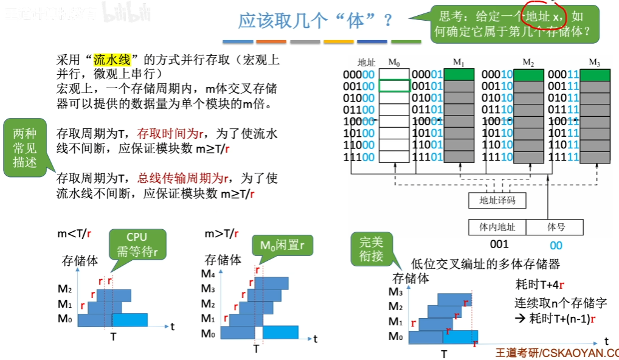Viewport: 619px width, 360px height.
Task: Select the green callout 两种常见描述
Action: point(25,148)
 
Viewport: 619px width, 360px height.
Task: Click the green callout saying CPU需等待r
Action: point(137,244)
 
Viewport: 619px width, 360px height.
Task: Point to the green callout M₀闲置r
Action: point(281,246)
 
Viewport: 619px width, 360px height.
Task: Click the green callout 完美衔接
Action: point(371,249)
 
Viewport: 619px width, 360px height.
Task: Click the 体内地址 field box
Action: point(497,227)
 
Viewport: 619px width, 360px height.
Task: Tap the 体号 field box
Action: point(556,227)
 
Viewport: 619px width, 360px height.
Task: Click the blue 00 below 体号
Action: point(556,246)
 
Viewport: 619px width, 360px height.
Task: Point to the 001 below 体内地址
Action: point(499,245)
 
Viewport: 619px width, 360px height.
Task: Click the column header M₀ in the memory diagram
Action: point(394,62)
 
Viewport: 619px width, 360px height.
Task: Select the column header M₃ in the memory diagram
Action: point(594,62)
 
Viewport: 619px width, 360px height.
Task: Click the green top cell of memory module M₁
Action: point(459,74)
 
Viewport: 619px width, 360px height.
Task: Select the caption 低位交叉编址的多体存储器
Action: point(485,264)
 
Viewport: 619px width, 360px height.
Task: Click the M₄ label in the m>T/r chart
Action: point(209,274)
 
